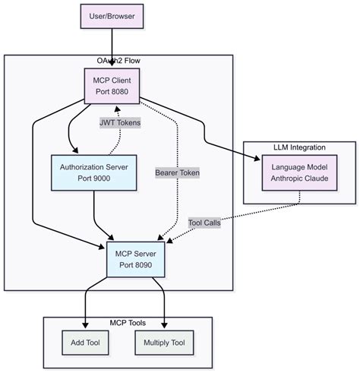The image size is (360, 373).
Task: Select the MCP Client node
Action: click(112, 84)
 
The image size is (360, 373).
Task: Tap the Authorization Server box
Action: click(93, 175)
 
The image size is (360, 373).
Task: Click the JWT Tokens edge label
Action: click(120, 122)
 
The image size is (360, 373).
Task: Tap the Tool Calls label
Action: click(204, 223)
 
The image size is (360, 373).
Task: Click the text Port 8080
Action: click(112, 91)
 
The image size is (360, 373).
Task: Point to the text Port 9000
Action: click(93, 182)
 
